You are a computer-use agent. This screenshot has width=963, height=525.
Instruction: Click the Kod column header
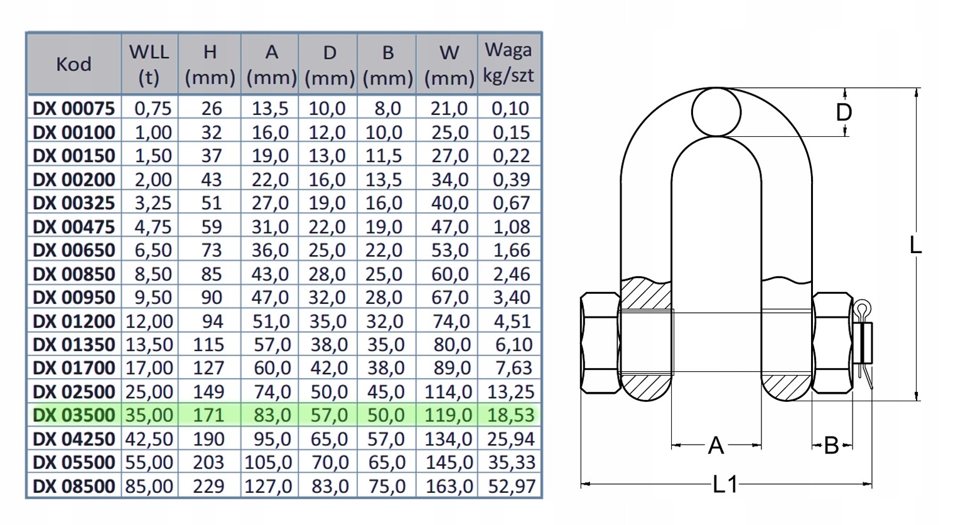coord(73,65)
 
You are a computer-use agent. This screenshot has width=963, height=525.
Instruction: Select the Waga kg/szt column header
coord(508,63)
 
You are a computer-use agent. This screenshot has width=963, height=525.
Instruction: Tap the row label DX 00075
coord(74,109)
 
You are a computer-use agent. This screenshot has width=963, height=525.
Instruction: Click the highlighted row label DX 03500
coord(74,415)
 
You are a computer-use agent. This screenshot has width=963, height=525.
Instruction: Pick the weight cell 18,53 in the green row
coord(511,415)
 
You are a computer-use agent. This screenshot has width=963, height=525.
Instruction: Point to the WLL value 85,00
coord(149,486)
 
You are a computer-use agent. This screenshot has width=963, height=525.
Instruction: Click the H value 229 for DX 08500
coord(208,486)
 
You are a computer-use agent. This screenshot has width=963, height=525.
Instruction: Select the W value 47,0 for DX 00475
coord(449,227)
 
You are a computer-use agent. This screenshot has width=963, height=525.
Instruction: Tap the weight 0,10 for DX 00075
coord(511,109)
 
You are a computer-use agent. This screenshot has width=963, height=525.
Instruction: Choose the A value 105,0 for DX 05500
coord(269,462)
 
